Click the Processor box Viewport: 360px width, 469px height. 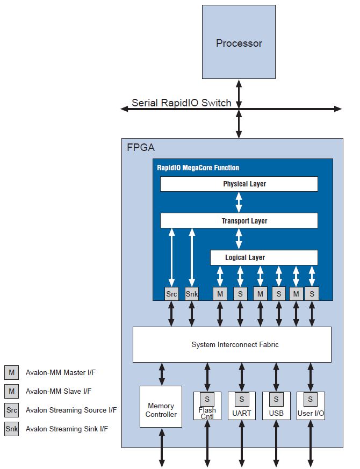coord(239,43)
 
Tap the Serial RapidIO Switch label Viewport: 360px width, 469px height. coord(181,103)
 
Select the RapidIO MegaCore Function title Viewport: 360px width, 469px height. coord(198,168)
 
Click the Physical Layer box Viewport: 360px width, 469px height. coord(239,184)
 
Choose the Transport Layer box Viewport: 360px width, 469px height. coord(239,221)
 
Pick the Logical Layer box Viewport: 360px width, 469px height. coord(263,257)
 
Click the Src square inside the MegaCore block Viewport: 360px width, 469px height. coord(171,294)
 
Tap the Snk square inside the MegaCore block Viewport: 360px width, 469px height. coord(191,294)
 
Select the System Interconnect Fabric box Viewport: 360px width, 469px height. coord(232,344)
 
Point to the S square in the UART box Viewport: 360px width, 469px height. coord(242,399)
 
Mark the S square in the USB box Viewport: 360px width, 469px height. coord(276,399)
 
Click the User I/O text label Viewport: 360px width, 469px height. coord(311,414)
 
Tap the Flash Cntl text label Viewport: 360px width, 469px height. coord(207,413)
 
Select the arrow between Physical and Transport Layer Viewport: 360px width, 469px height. coord(239,203)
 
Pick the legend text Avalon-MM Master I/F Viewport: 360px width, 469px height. coord(61,372)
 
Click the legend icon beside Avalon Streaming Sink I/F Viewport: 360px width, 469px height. coord(11,429)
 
